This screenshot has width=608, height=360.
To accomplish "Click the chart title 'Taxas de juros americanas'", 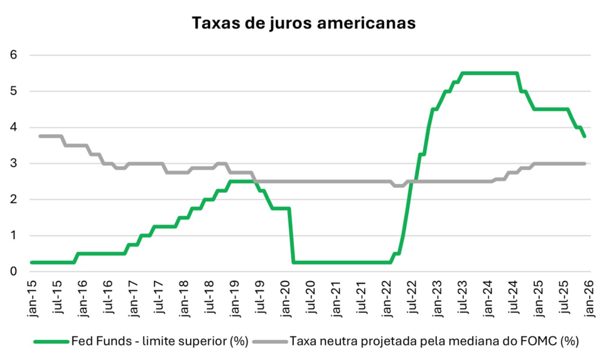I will pos(303,23).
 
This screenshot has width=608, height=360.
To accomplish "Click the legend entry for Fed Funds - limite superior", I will pos(157,342).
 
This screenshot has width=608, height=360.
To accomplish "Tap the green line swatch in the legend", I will pos(52,342).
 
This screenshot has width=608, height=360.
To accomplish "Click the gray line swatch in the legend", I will pos(271,342).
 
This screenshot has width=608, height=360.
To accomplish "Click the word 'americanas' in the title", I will pos(364,23).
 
